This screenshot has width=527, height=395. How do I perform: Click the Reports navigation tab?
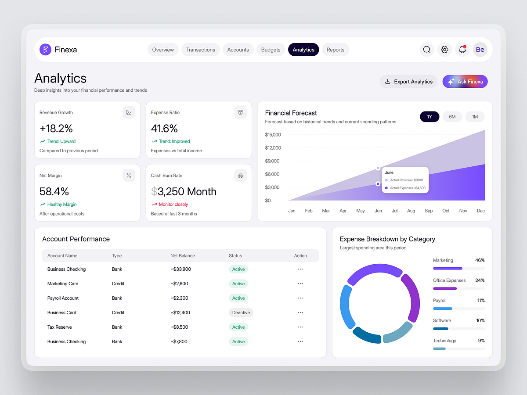click(x=335, y=50)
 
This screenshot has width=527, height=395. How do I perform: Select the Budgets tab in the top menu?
click(x=271, y=50)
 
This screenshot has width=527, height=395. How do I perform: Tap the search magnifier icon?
click(x=426, y=50)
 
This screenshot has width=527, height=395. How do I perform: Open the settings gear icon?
click(x=444, y=50)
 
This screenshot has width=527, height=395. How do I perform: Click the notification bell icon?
click(x=462, y=50)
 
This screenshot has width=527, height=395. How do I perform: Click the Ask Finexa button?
click(x=465, y=82)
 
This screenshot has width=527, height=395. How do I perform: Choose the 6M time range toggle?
click(x=452, y=117)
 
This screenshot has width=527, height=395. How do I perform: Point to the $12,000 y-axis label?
click(x=273, y=148)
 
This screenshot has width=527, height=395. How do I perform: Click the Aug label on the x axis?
click(x=411, y=211)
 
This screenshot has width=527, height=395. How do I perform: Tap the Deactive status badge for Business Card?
click(x=241, y=312)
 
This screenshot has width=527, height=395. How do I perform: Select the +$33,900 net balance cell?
click(x=180, y=269)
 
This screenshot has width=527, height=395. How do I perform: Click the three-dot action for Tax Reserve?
click(x=300, y=327)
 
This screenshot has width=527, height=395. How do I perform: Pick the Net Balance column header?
click(x=183, y=255)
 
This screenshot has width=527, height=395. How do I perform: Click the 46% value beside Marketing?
click(x=480, y=260)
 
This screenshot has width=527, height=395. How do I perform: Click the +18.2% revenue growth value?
click(x=56, y=129)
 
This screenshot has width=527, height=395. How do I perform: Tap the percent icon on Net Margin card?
click(x=129, y=176)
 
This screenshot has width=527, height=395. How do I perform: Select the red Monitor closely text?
click(x=173, y=205)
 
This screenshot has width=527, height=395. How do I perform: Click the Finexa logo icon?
click(x=45, y=50)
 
